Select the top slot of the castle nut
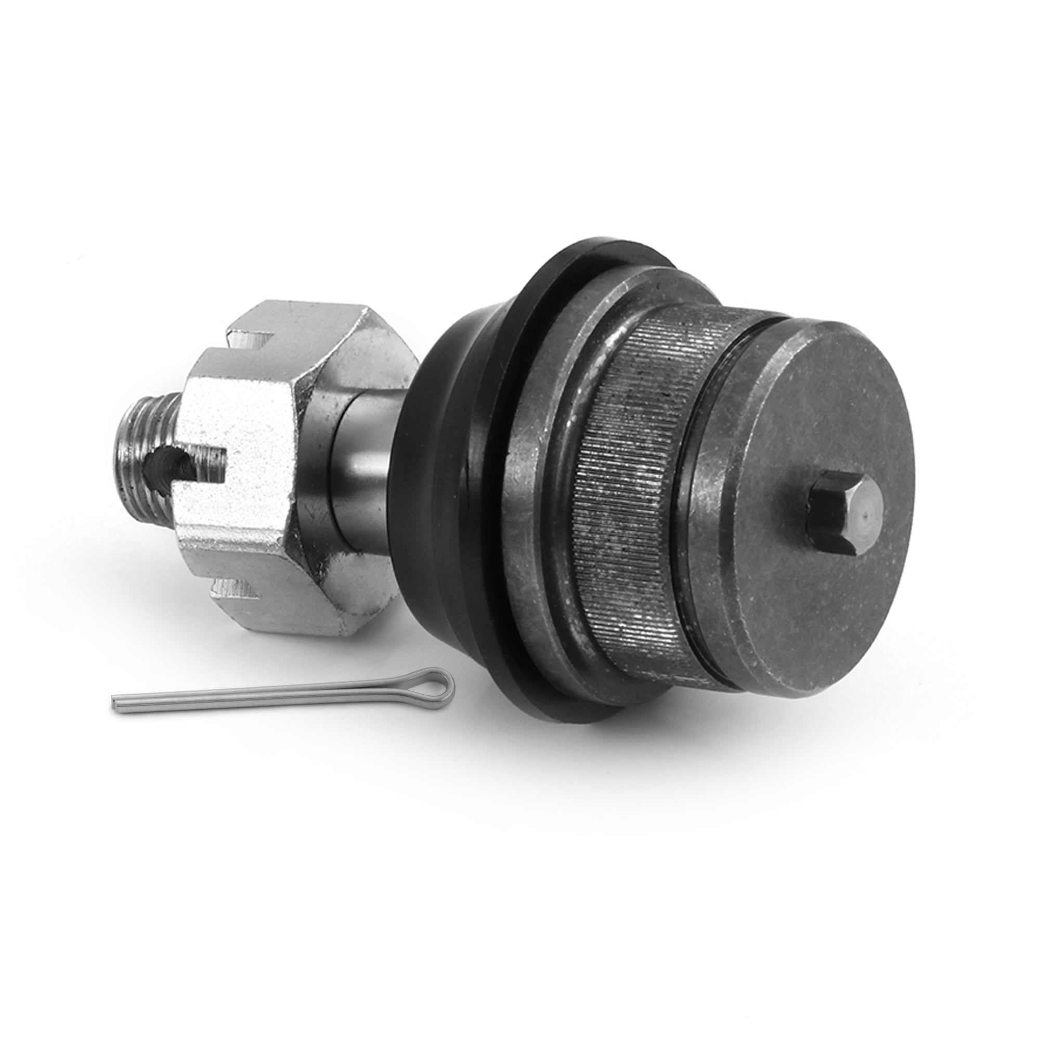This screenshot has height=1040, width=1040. click(248, 342)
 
